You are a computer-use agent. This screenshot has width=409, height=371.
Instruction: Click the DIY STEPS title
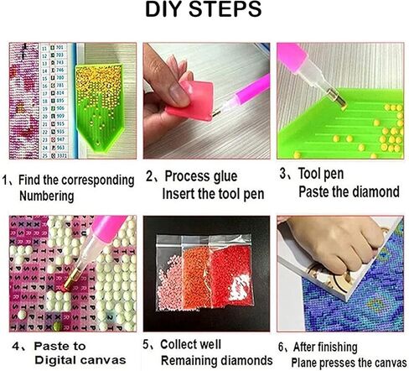(204, 13)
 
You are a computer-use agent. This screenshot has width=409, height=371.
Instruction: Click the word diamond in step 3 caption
(373, 192)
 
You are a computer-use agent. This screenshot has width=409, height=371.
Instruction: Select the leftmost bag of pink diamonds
(174, 281)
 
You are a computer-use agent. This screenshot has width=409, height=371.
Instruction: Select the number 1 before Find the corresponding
(6, 180)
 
